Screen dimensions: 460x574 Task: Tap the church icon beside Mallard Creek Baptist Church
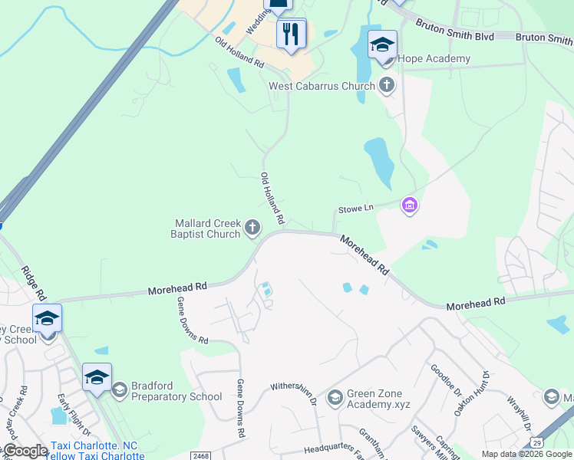pos(252,227)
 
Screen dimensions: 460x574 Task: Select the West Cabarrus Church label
pos(322,86)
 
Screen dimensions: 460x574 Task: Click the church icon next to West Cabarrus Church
pos(388,85)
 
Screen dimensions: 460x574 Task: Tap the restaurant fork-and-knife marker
pos(291,34)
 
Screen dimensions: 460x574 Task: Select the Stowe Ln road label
pos(355,209)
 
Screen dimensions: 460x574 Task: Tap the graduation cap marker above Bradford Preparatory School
pos(97,377)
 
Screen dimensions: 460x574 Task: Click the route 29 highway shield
pos(536,442)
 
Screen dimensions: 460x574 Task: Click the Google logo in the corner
pos(25,451)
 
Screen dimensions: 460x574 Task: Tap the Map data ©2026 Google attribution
pos(526,454)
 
